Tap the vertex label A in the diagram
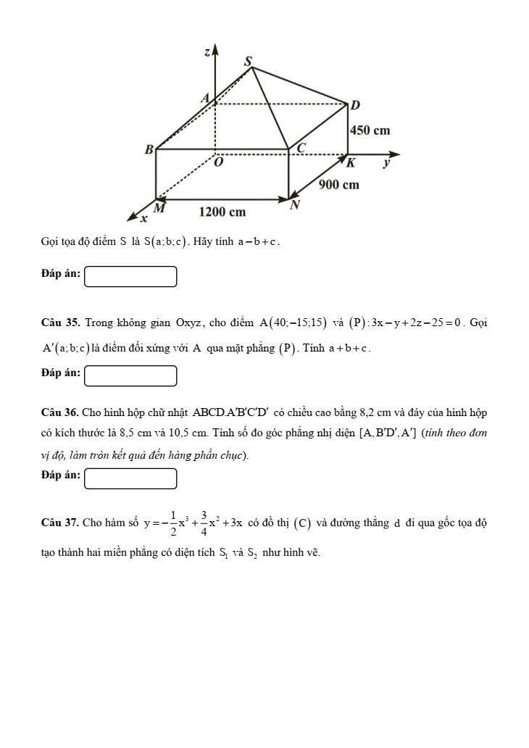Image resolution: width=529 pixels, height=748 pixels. click(204, 97)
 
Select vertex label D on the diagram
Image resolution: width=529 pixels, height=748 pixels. click(355, 105)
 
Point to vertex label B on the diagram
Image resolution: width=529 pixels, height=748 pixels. click(149, 150)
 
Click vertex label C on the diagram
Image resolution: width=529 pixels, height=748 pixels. click(301, 148)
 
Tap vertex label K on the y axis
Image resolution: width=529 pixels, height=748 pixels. click(351, 163)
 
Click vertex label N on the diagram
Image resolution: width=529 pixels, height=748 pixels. click(294, 206)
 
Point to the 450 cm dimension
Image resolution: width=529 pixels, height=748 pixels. click(370, 130)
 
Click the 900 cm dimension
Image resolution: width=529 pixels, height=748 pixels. click(339, 185)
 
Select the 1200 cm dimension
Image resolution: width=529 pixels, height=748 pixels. click(222, 212)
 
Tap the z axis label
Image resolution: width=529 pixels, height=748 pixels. click(207, 51)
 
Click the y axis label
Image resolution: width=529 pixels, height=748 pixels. click(386, 164)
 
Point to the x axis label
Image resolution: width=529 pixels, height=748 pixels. click(143, 218)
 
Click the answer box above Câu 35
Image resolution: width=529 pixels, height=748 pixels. click(130, 277)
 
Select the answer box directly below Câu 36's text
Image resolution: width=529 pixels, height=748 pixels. click(130, 478)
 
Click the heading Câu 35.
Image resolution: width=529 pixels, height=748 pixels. click(61, 322)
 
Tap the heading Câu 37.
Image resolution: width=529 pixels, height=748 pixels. click(61, 522)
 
